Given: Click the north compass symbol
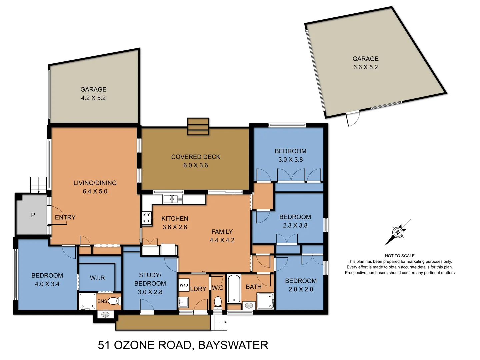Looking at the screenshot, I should (x=398, y=232).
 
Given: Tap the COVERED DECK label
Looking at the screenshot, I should (x=196, y=157).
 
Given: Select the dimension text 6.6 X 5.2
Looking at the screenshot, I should (x=365, y=67).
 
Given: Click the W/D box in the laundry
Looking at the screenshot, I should (x=184, y=285).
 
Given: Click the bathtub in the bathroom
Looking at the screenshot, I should (x=234, y=288).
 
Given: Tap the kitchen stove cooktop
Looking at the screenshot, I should (x=146, y=218).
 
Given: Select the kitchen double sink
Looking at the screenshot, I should (x=170, y=199).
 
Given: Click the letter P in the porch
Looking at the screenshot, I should (x=33, y=215).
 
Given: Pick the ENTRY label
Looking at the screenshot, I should (x=65, y=217).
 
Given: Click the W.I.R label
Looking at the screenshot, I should (x=97, y=278).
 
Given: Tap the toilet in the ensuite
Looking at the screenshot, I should (x=114, y=301).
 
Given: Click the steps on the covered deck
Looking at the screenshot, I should (x=198, y=127).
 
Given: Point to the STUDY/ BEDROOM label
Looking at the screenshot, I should (x=150, y=279).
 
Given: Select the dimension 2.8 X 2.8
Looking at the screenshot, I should (x=301, y=289).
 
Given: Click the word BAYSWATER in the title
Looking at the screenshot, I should (x=233, y=345).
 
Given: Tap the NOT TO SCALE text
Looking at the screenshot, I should (x=400, y=256).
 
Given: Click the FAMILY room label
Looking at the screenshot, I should (x=222, y=232).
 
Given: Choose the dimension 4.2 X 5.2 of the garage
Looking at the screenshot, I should (x=93, y=98).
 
